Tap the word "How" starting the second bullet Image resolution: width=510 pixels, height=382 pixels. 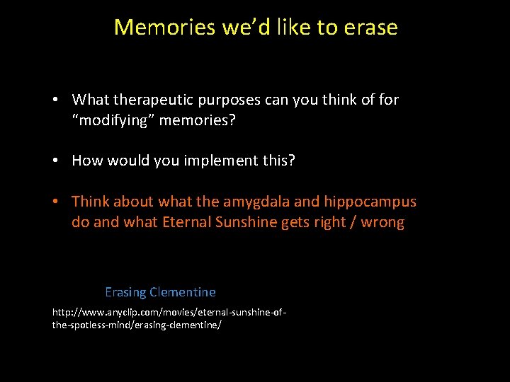(87, 161)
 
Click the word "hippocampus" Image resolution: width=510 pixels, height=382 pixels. (370, 202)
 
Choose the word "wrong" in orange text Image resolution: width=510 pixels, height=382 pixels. (382, 223)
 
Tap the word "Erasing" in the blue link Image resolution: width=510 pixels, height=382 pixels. (125, 292)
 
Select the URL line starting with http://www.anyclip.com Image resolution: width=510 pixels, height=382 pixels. (169, 312)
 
